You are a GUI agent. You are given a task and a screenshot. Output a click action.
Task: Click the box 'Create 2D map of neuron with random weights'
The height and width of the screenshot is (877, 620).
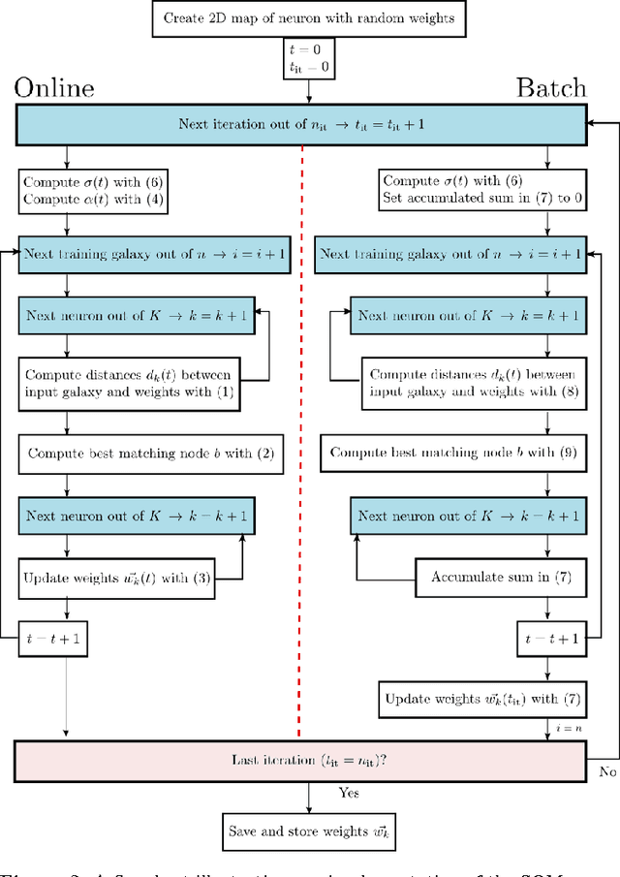309,18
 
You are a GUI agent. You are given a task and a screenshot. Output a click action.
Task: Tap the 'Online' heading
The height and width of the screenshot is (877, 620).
53,88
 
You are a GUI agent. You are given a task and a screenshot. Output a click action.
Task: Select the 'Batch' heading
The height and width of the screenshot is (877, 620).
550,88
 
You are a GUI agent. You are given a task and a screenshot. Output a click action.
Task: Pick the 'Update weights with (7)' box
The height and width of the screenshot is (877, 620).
475,699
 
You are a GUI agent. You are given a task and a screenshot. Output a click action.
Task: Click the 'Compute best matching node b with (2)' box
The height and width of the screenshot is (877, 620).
150,453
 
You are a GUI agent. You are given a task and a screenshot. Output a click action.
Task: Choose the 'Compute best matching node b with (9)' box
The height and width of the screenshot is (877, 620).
452,453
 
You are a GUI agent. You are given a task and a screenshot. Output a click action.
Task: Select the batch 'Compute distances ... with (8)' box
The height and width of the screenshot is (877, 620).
472,383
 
